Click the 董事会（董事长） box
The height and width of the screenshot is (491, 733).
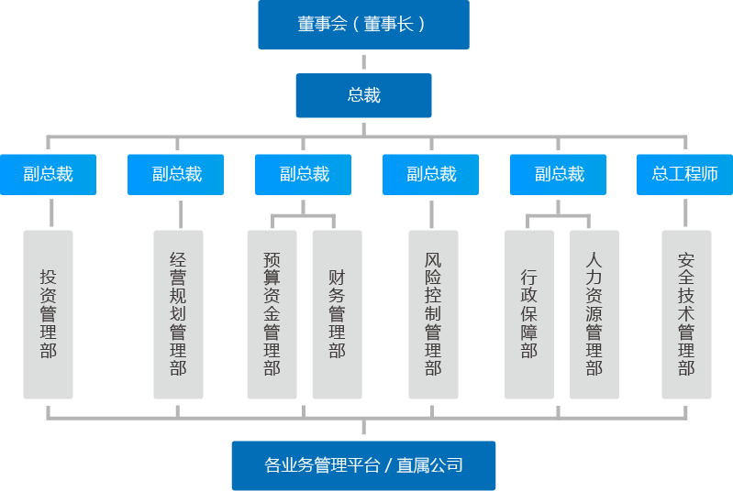(x=363, y=25)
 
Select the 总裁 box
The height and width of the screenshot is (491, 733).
(x=363, y=95)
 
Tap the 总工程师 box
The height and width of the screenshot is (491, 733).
(x=684, y=174)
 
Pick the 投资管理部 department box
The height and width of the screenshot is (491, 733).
(x=48, y=314)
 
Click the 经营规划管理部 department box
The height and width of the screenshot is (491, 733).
(x=178, y=314)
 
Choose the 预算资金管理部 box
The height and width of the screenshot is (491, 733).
(x=272, y=314)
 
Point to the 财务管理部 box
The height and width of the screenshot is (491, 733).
(x=337, y=314)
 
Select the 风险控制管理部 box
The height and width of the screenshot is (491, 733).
(x=433, y=314)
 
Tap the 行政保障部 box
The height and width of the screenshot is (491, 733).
(x=529, y=314)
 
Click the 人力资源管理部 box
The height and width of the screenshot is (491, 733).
(x=594, y=314)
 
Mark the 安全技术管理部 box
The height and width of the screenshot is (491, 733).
(x=686, y=314)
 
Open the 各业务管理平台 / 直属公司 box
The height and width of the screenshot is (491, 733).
(x=363, y=465)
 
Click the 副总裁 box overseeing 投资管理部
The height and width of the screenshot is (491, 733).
(x=48, y=174)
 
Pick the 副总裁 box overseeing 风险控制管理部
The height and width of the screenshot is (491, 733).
(x=431, y=174)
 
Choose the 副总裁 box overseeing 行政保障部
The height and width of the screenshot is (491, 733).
(x=559, y=174)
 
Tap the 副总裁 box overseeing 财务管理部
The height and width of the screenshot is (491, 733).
(x=304, y=174)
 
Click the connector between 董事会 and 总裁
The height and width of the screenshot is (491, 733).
(x=363, y=61)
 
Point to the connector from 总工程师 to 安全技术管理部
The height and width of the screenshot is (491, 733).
(x=685, y=213)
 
